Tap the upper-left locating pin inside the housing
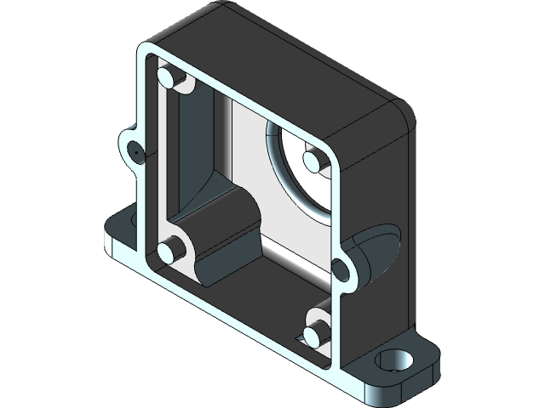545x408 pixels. [x=169, y=80]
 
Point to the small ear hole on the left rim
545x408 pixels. [x=135, y=150]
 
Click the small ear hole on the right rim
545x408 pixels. [x=339, y=270]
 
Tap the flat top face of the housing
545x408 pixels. [x=281, y=59]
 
